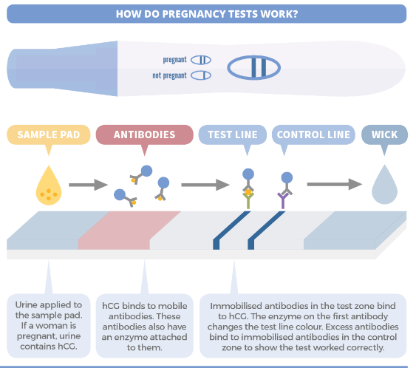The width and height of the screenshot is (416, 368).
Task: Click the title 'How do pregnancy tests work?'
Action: [207, 13]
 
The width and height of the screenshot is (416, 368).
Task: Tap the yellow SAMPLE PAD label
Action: [48, 135]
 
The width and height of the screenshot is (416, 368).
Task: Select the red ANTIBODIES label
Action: [144, 135]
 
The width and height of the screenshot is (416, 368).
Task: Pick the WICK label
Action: [383, 135]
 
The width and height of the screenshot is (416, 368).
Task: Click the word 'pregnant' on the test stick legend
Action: [175, 60]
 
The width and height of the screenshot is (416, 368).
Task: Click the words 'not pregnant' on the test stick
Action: [169, 75]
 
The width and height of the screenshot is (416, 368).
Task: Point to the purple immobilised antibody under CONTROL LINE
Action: [285, 194]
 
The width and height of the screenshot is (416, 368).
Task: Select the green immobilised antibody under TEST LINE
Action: [248, 194]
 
